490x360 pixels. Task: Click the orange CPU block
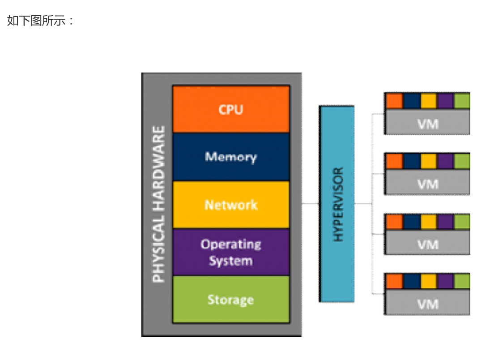tap(231, 109)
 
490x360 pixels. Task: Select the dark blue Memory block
tap(231, 157)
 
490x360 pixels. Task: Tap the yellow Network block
tap(231, 205)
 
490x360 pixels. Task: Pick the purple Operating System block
tap(231, 253)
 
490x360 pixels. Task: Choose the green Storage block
tap(231, 300)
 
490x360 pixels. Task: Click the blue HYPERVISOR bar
tap(337, 204)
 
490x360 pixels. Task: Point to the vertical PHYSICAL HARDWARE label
tap(158, 204)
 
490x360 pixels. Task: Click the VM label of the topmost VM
tap(427, 123)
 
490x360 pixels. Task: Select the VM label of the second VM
tap(427, 184)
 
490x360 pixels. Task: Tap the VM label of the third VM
tap(427, 244)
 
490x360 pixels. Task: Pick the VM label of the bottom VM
tap(427, 304)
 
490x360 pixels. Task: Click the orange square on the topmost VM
tap(394, 101)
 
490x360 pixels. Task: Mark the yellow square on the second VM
tap(428, 161)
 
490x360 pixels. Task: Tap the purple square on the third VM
tap(446, 221)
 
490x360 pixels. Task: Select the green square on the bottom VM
tap(462, 281)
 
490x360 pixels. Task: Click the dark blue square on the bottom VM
tap(412, 281)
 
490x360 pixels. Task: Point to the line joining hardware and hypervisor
tap(310, 204)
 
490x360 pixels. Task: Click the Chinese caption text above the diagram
tap(40, 21)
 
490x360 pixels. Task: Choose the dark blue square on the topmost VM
tap(412, 101)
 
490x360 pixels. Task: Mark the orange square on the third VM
tap(394, 221)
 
